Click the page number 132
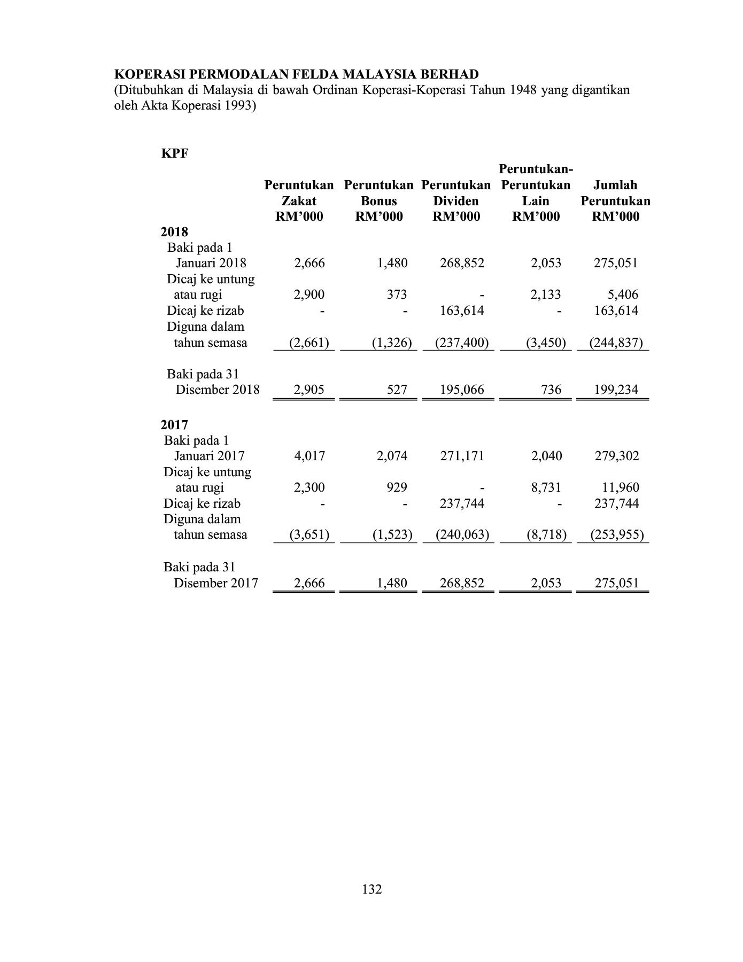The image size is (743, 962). coord(371,889)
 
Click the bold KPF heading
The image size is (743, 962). coord(175,153)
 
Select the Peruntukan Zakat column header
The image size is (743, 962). coord(299,200)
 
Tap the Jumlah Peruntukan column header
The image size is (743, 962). coord(615,200)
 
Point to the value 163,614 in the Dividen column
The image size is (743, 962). coord(462,311)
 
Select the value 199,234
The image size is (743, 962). coord(616,390)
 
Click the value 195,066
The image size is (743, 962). coord(462,390)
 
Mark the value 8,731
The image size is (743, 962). coord(546,487)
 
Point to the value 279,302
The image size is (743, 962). coord(617,456)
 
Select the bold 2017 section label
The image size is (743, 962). coord(174,425)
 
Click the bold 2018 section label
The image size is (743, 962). coord(174,232)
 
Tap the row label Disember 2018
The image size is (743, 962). coord(218,390)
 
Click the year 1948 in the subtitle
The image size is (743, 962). coord(523,89)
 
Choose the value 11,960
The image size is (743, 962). coord(623,487)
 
